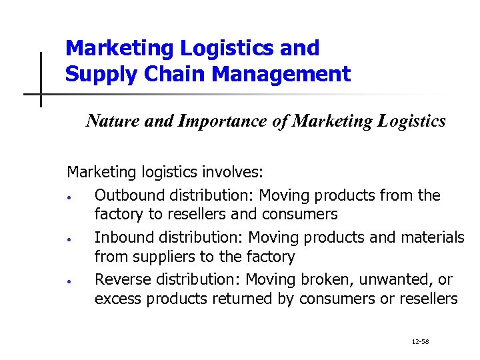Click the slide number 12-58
click(420, 341)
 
